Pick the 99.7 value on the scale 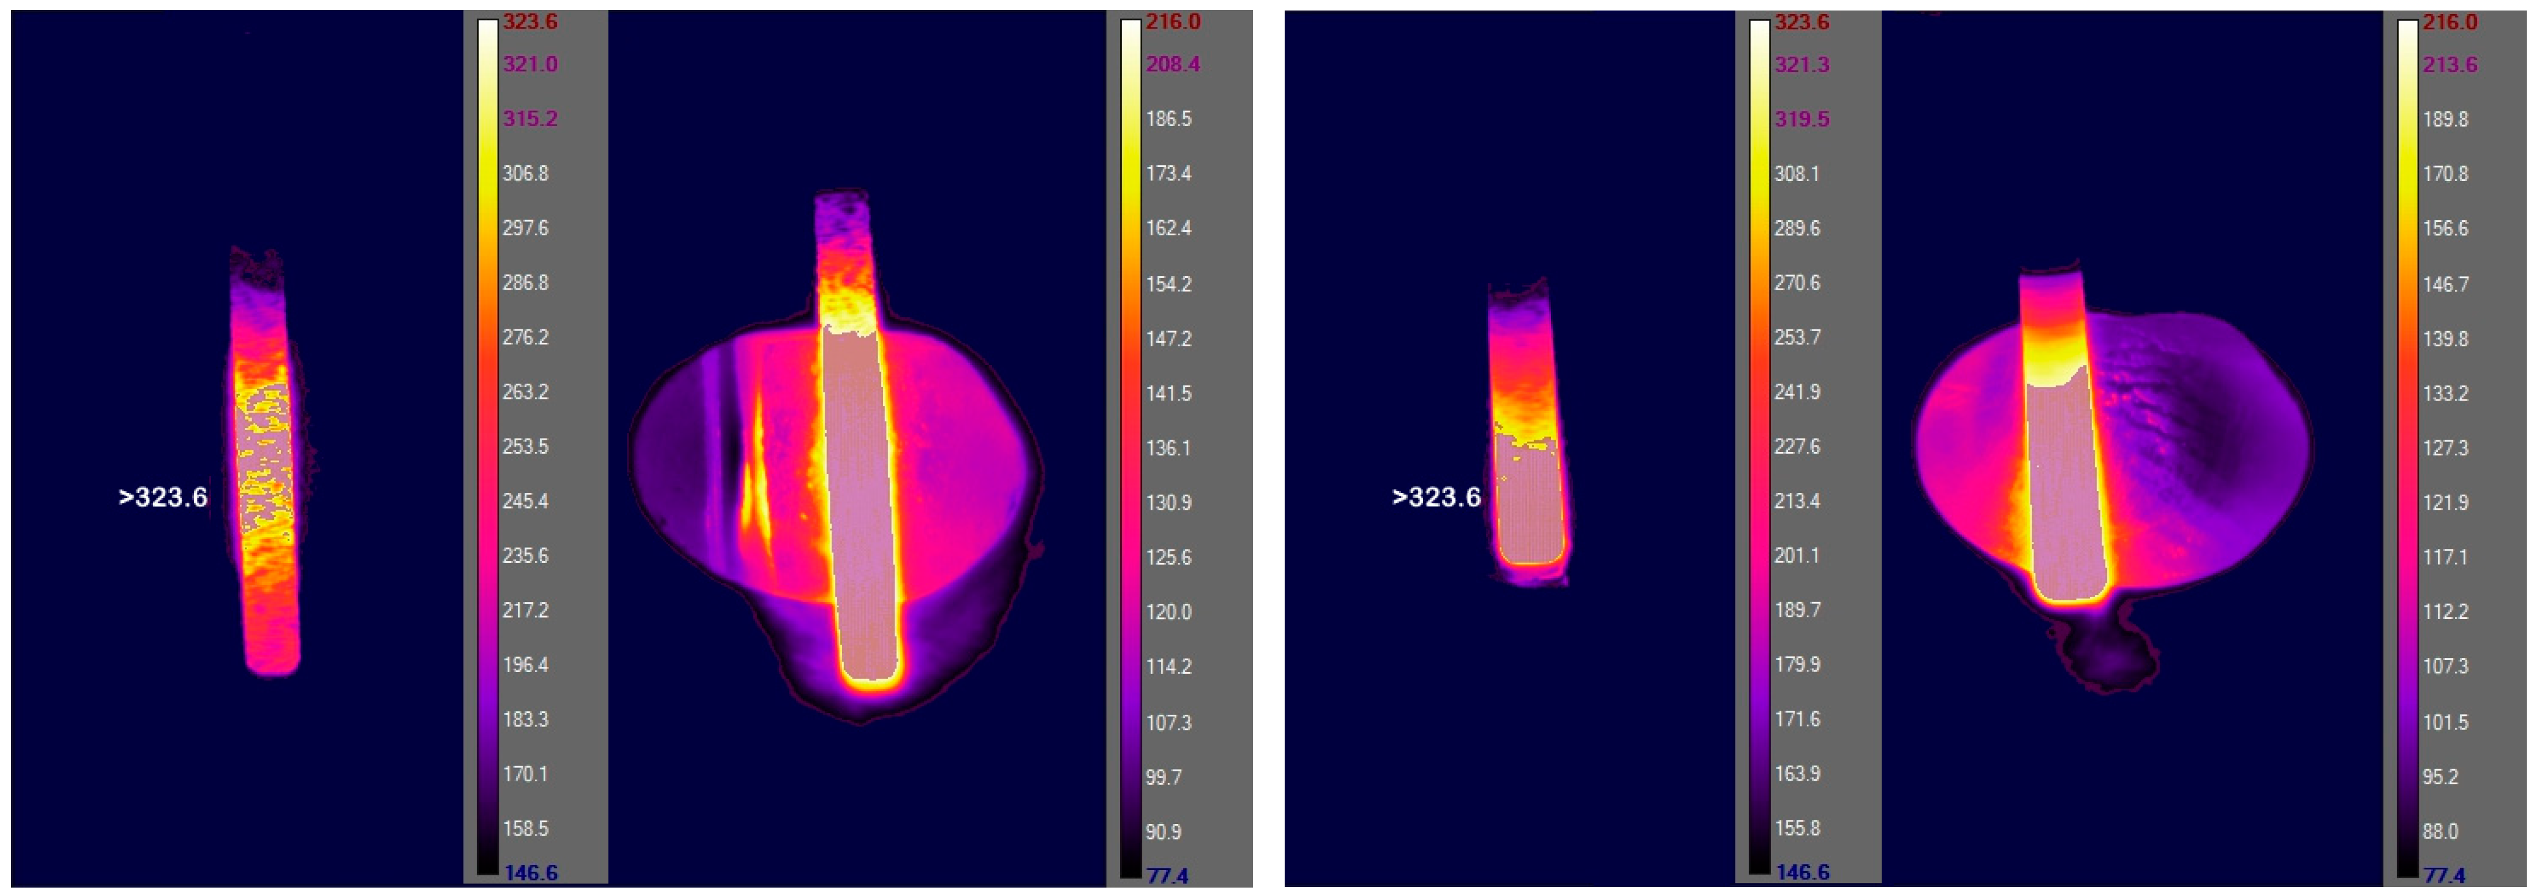(1163, 777)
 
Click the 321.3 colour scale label (1801, 64)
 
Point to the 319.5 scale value (1801, 119)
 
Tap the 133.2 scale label (2446, 394)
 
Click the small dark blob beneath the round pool (2109, 656)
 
